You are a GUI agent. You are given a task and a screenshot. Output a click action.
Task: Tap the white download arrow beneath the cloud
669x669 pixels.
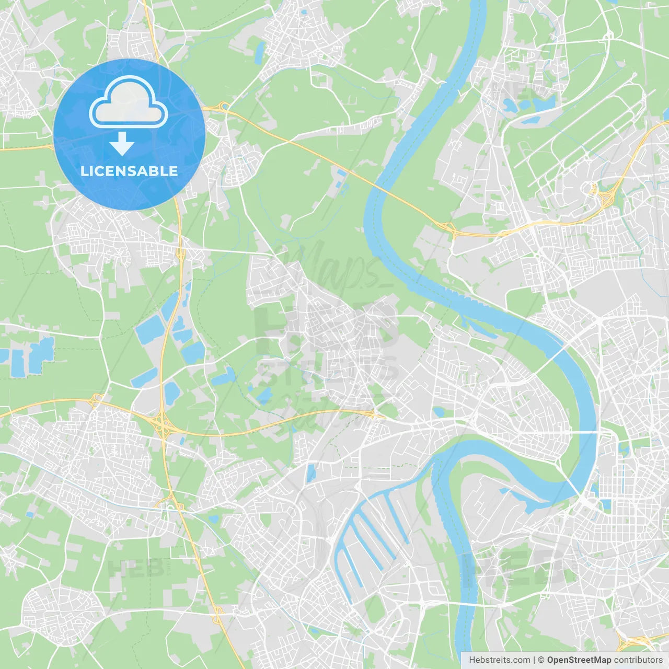tap(122, 144)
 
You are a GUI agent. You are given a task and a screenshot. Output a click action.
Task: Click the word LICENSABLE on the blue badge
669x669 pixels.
tap(129, 171)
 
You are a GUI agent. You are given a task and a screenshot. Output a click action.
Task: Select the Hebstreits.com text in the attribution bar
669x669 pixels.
tap(499, 660)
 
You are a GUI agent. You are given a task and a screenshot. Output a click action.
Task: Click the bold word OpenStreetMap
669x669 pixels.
tap(579, 660)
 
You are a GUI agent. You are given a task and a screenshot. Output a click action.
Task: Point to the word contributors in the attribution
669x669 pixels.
tap(638, 660)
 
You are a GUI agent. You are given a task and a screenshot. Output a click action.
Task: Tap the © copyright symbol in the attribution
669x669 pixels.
tap(541, 660)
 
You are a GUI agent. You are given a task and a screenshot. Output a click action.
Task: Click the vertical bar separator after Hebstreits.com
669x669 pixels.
tap(534, 660)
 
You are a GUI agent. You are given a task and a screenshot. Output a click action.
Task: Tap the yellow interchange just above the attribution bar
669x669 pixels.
tap(632, 643)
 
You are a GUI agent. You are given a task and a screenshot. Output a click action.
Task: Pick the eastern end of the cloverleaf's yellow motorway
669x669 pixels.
tap(374, 414)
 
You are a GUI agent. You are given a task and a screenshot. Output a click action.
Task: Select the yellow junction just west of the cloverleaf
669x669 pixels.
tap(96, 401)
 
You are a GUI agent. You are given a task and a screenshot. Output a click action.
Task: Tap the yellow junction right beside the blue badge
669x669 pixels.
tap(224, 107)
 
